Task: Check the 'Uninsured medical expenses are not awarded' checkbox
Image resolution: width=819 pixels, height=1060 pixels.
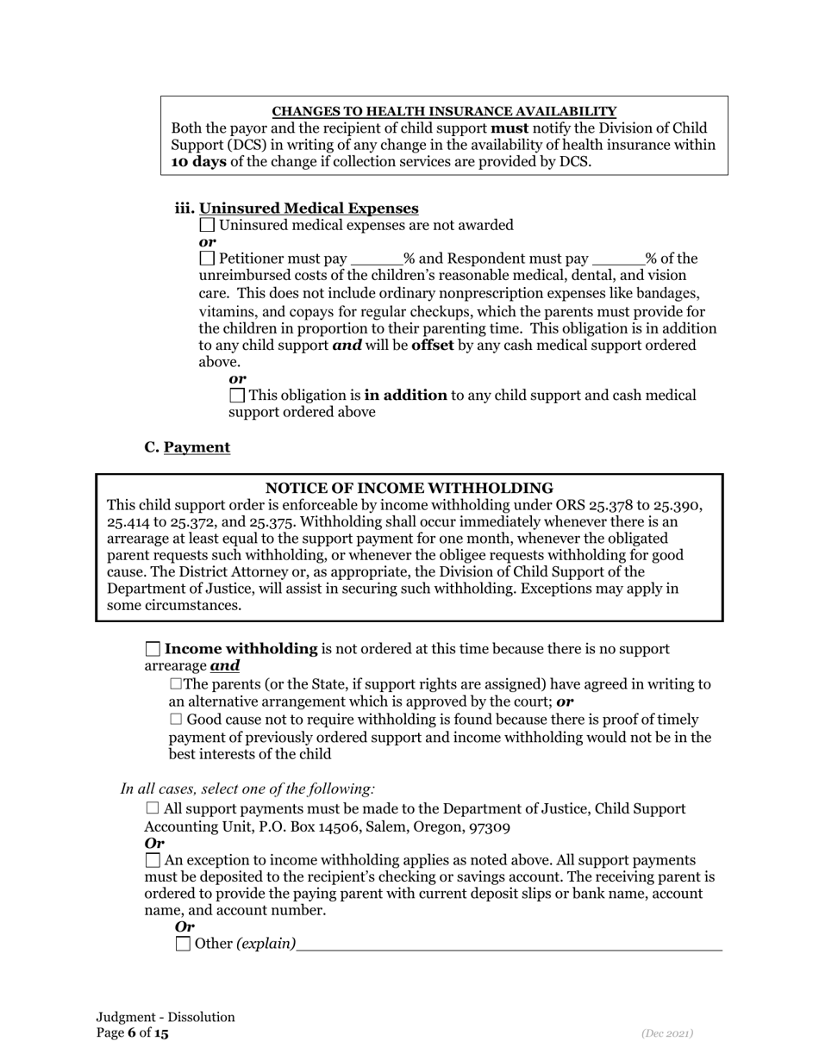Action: tap(207, 225)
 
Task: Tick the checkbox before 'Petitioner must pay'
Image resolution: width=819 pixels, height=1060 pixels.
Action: tap(207, 259)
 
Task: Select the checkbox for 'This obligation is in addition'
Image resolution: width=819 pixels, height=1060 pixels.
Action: tap(237, 396)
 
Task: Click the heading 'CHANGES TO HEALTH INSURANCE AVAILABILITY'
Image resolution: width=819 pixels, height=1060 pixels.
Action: tap(444, 111)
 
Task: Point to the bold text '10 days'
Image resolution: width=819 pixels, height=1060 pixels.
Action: tap(198, 161)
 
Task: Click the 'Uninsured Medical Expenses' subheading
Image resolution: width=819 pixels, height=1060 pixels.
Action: tap(309, 209)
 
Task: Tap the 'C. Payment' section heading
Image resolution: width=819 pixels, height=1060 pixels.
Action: tap(187, 447)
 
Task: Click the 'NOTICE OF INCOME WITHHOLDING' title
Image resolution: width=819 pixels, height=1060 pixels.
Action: tap(409, 488)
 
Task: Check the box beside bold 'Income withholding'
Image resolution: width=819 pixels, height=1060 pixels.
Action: tap(153, 649)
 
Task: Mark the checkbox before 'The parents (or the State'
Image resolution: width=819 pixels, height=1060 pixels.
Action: tap(177, 684)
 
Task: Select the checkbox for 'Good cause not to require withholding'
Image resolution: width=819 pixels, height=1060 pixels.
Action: tap(176, 720)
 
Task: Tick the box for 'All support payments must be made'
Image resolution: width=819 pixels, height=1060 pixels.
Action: tap(153, 808)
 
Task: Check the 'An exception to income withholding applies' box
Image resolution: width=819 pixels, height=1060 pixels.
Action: tap(153, 860)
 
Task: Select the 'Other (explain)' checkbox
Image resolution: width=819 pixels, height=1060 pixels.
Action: tap(183, 944)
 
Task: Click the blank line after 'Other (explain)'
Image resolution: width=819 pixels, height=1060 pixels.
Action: tap(509, 945)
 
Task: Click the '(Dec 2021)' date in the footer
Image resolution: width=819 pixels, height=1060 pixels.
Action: tap(667, 1033)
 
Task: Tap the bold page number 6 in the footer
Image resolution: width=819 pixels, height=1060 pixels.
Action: tap(132, 1033)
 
